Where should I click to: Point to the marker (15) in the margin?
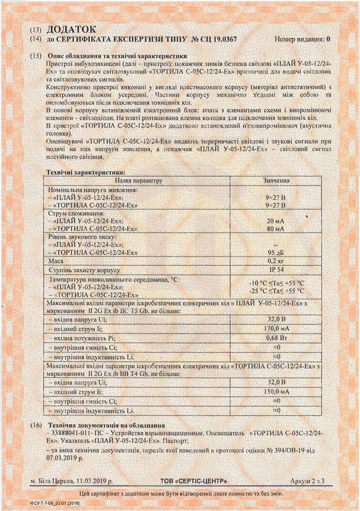pyautogui.click(x=36, y=55)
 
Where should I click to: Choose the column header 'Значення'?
pyautogui.click(x=277, y=180)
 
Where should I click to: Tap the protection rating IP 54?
pyautogui.click(x=276, y=269)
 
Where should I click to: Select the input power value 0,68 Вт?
pyautogui.click(x=276, y=338)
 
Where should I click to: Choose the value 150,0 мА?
pyautogui.click(x=276, y=391)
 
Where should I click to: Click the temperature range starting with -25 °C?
pyautogui.click(x=276, y=291)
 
